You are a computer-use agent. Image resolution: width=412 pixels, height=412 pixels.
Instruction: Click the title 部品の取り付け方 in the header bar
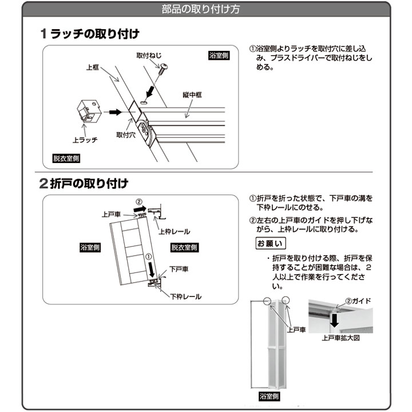[x=201, y=9]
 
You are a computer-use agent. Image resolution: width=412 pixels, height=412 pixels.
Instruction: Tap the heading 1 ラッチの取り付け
[x=90, y=34]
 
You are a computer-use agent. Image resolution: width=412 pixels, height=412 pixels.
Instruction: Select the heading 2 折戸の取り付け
[x=84, y=184]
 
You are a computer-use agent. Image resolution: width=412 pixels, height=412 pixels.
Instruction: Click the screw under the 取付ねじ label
[x=163, y=68]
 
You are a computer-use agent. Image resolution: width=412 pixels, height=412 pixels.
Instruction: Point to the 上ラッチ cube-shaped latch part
[x=89, y=110]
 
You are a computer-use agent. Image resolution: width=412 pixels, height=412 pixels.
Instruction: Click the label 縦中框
[x=192, y=94]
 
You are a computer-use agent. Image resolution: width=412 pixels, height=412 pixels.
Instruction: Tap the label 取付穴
[x=126, y=135]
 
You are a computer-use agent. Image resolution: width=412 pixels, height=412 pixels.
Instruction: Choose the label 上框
[x=93, y=68]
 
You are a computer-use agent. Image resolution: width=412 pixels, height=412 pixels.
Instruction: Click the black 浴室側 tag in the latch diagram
[x=219, y=56]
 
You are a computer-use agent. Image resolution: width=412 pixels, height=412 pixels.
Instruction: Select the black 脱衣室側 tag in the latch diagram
[x=66, y=158]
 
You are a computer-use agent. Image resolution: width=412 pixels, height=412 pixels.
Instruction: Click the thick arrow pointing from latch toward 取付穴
[x=115, y=112]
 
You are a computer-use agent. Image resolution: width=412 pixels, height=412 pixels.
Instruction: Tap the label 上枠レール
[x=174, y=232]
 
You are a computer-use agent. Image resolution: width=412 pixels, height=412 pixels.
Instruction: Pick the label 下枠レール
[x=186, y=296]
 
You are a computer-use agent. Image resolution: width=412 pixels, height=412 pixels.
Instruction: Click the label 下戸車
[x=179, y=269]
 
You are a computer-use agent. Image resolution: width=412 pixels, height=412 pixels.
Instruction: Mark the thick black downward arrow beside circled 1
[x=152, y=270]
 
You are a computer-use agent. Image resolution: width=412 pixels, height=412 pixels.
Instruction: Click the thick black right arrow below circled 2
[x=140, y=209]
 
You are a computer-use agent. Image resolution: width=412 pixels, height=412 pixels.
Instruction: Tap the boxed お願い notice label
[x=271, y=243]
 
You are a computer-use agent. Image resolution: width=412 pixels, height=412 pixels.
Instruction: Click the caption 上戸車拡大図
[x=341, y=338]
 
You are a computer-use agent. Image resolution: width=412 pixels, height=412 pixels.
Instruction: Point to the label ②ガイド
[x=358, y=301]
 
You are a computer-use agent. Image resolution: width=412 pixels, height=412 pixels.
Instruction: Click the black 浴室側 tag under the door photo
[x=269, y=396]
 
